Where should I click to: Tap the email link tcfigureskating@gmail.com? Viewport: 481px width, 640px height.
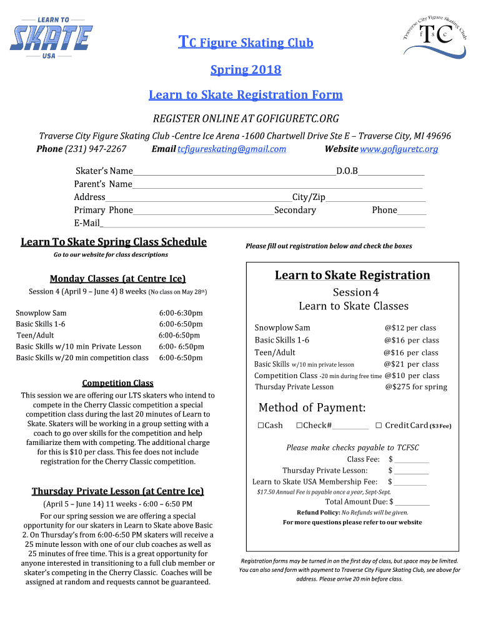pos(232,149)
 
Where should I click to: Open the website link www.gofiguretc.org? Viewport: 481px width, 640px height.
pos(399,149)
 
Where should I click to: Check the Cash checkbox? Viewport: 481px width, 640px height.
pos(260,426)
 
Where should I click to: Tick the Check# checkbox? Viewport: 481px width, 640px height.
pos(299,426)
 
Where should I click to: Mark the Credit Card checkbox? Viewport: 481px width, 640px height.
pos(379,426)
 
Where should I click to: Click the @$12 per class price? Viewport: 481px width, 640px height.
pos(410,328)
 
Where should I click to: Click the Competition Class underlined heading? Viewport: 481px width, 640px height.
pos(117,383)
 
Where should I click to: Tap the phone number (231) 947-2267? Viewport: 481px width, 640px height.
pos(95,149)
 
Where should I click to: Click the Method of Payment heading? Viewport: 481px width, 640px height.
pos(312,408)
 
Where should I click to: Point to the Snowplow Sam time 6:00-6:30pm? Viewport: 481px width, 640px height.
pos(181,313)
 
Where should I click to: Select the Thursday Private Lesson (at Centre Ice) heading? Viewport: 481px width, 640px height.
pos(117,491)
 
